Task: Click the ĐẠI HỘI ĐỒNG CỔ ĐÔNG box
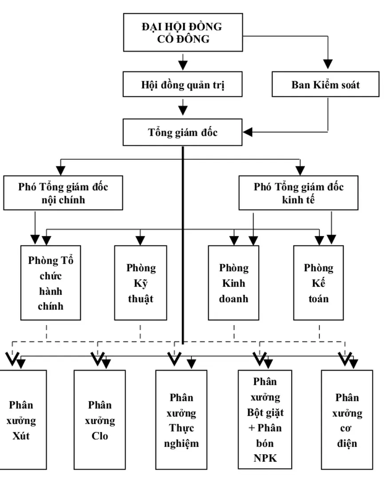click(x=182, y=32)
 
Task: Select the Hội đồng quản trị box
click(x=182, y=84)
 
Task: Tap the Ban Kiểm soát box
click(x=325, y=84)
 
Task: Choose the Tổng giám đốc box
click(x=182, y=132)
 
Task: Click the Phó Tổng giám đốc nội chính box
click(x=63, y=193)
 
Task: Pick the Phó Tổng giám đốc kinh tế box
click(x=298, y=193)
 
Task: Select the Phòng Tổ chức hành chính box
click(x=51, y=283)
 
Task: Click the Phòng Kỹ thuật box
click(x=140, y=283)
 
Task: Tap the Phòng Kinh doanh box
click(x=234, y=283)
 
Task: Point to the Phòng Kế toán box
click(x=319, y=283)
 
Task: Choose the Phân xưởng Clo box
click(x=99, y=420)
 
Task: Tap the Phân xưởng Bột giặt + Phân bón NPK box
click(x=265, y=420)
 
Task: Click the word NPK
click(x=265, y=458)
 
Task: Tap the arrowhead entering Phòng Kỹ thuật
click(x=140, y=240)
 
